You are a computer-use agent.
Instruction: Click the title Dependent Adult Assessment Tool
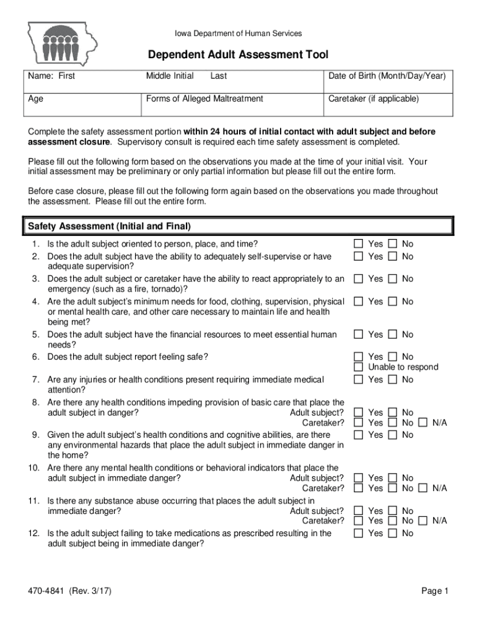click(238, 55)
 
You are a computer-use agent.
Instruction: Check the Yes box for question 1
click(358, 244)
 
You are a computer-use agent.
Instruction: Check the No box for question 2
click(392, 256)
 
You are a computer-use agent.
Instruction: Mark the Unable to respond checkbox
click(358, 367)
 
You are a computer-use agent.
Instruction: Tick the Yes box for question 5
click(358, 334)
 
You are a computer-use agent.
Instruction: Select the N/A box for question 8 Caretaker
click(422, 423)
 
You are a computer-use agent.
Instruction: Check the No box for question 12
click(392, 533)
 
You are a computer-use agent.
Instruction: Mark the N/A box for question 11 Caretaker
click(422, 521)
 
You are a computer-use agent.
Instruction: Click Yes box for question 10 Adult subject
click(358, 478)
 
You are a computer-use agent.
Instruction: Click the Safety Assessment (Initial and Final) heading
click(108, 226)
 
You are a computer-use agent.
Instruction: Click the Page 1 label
click(435, 591)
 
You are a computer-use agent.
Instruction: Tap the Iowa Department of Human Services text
click(238, 33)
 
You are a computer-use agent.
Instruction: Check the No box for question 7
click(392, 380)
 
